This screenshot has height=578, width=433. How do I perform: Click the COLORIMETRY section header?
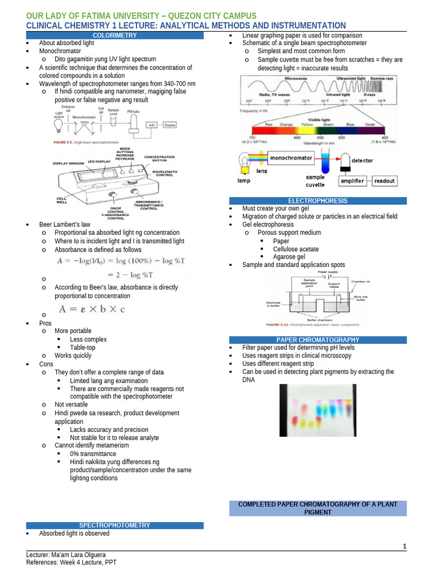(x=114, y=36)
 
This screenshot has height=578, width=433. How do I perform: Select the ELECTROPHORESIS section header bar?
(x=317, y=201)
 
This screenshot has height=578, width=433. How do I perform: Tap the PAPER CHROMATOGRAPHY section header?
(x=317, y=340)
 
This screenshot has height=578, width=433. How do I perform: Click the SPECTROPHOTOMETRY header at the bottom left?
(x=114, y=526)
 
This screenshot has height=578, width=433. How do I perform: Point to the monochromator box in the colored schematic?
(x=291, y=159)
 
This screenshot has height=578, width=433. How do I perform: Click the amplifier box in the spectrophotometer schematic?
(x=352, y=181)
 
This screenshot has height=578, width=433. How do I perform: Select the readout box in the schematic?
(x=385, y=181)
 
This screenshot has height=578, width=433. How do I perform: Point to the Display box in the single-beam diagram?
(x=170, y=125)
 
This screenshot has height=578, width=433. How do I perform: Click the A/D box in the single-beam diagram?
(x=152, y=125)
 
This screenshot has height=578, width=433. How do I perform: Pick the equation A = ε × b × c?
(x=91, y=309)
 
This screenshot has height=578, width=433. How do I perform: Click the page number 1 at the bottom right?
(x=404, y=546)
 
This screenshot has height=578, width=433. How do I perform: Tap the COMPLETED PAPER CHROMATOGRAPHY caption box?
(x=317, y=508)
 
